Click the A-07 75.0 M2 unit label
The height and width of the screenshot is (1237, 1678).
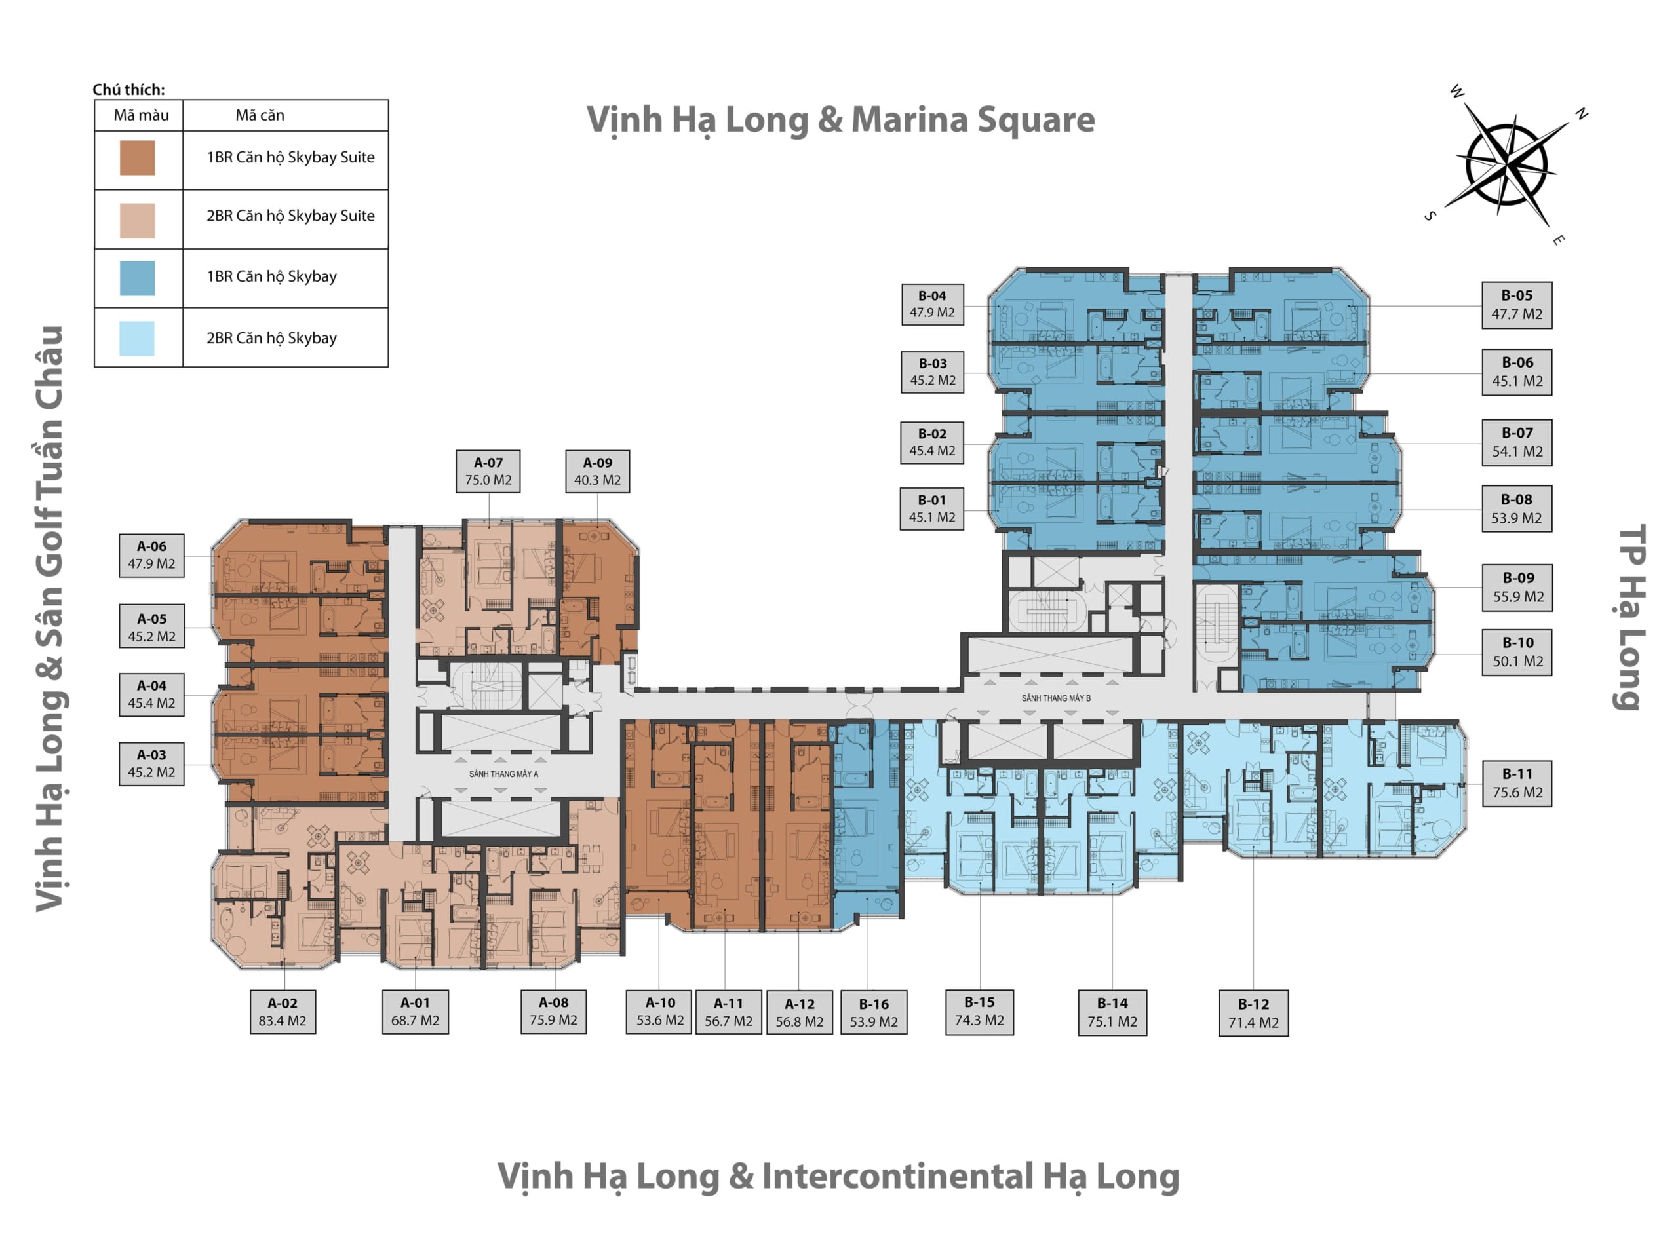[x=488, y=471]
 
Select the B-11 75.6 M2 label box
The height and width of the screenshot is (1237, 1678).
[x=1517, y=783]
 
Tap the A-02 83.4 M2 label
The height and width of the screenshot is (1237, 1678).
[x=283, y=1012]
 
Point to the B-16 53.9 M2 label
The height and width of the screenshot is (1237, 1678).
[x=874, y=1012]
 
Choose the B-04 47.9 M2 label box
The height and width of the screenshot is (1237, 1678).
[x=932, y=304]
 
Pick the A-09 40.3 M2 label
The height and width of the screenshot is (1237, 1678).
[x=597, y=471]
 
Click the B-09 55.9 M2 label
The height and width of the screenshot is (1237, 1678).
[x=1517, y=587]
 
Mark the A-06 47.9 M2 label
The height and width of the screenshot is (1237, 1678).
[x=151, y=555]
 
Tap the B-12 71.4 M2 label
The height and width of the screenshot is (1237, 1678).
[x=1253, y=1013]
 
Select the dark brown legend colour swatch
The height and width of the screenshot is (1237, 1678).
[x=138, y=158]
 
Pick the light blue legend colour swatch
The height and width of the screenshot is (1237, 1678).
[x=137, y=339]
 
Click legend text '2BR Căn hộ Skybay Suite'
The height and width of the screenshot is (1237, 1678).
[x=290, y=216]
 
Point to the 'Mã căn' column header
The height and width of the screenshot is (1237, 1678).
[x=260, y=115]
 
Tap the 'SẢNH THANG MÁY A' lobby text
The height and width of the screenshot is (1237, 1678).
[x=503, y=774]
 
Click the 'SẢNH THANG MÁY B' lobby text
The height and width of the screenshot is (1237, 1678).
[x=1055, y=698]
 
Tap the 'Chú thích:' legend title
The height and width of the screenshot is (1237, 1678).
[x=129, y=90]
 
